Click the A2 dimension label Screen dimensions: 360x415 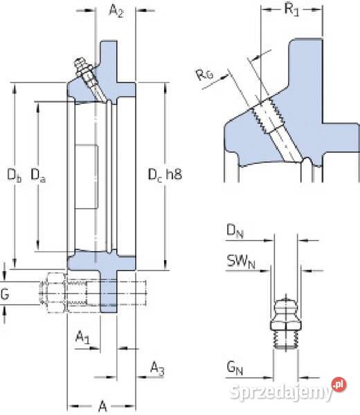[116, 11]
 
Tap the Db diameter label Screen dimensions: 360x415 [15, 175]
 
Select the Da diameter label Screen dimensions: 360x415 [38, 175]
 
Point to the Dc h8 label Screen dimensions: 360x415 [165, 175]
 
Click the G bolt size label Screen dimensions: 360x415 [5, 294]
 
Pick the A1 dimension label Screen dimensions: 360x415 [82, 338]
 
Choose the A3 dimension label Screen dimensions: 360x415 [157, 368]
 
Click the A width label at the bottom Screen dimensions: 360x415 [102, 406]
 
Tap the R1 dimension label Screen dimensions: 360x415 [291, 10]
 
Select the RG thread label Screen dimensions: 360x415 [204, 75]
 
